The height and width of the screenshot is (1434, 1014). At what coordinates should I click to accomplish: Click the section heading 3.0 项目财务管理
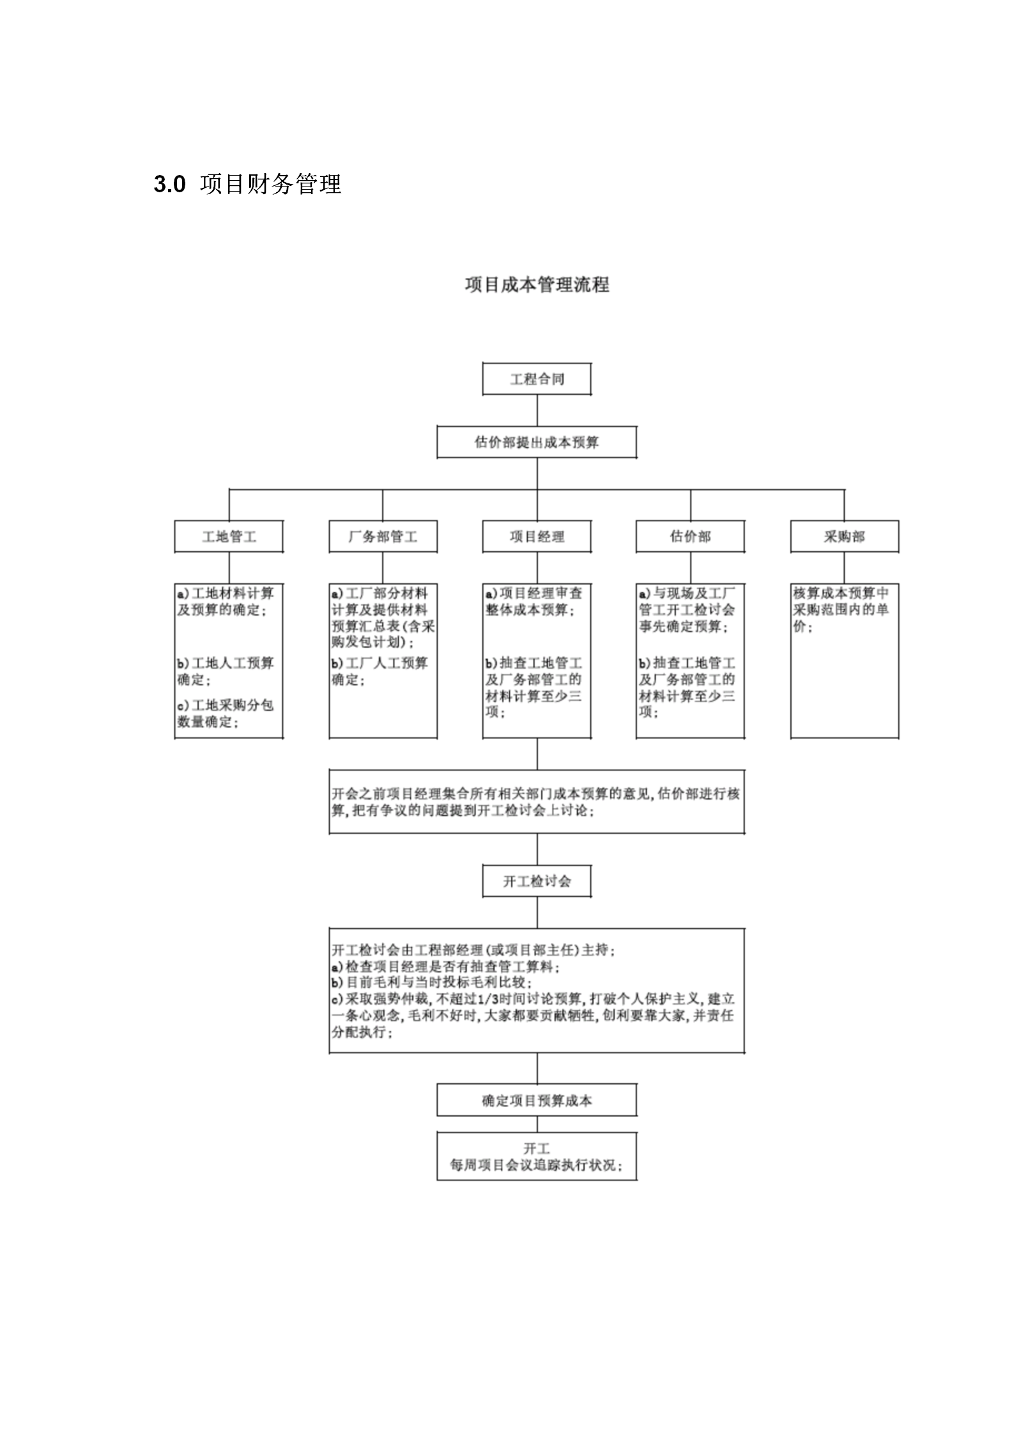[x=248, y=184]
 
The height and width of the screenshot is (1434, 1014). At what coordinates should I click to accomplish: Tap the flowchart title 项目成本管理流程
[x=537, y=284]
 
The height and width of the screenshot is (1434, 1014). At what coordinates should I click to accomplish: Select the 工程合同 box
[x=537, y=379]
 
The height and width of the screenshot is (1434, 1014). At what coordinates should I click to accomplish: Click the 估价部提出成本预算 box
[x=537, y=442]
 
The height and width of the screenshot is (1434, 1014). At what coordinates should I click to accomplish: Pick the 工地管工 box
[x=229, y=537]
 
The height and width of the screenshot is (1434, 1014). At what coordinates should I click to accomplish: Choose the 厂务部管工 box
[x=383, y=537]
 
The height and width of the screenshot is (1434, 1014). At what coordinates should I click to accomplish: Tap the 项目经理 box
[x=537, y=537]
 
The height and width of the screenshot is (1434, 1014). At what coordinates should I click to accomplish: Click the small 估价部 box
[x=690, y=537]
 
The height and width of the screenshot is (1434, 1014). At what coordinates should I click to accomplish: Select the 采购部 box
[x=845, y=537]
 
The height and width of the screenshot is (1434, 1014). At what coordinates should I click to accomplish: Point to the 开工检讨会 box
[x=537, y=881]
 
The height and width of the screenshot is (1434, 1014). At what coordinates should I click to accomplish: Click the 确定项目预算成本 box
[x=537, y=1100]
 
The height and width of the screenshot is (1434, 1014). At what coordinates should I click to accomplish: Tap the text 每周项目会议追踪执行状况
[x=536, y=1165]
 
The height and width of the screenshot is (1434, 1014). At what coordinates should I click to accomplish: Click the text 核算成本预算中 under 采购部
[x=841, y=593]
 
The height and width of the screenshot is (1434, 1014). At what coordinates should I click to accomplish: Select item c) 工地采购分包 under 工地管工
[x=226, y=705]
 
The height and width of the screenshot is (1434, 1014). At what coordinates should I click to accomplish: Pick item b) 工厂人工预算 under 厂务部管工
[x=380, y=663]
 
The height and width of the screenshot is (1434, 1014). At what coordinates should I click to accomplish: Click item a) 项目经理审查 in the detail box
[x=534, y=593]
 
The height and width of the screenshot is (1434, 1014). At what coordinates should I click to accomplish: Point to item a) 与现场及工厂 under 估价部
[x=688, y=593]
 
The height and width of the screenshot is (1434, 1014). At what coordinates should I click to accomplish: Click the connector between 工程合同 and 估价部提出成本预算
[x=537, y=411]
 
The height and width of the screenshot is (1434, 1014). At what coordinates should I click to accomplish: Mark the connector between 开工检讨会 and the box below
[x=537, y=913]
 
